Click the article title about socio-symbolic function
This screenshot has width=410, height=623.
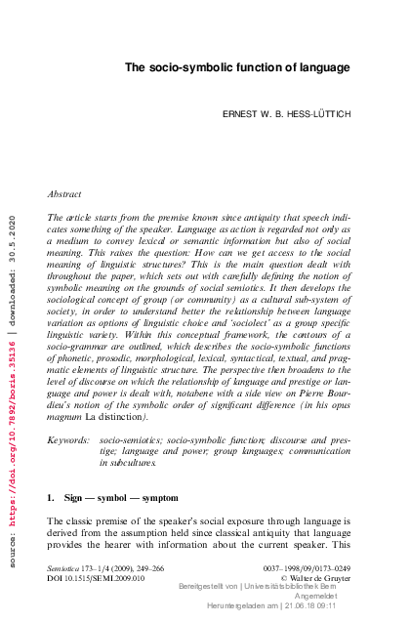(237, 66)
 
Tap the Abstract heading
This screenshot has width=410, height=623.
(65, 194)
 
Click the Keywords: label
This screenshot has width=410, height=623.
(69, 441)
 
